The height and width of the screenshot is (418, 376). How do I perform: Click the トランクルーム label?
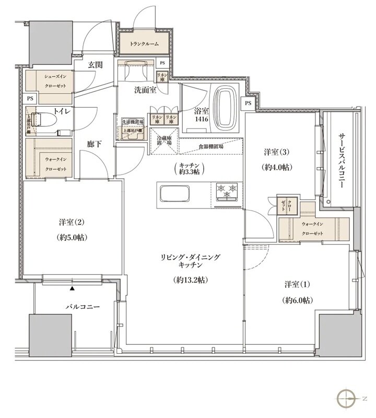click(x=144, y=45)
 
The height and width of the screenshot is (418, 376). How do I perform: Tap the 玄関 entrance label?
click(x=95, y=65)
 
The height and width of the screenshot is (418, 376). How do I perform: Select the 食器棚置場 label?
click(x=210, y=148)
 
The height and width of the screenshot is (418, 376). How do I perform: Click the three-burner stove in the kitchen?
click(x=227, y=191)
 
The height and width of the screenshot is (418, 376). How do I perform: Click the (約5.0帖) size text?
click(x=73, y=237)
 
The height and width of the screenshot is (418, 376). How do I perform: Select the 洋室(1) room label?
click(x=297, y=285)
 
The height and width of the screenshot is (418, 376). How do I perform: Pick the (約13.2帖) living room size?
click(x=191, y=280)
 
